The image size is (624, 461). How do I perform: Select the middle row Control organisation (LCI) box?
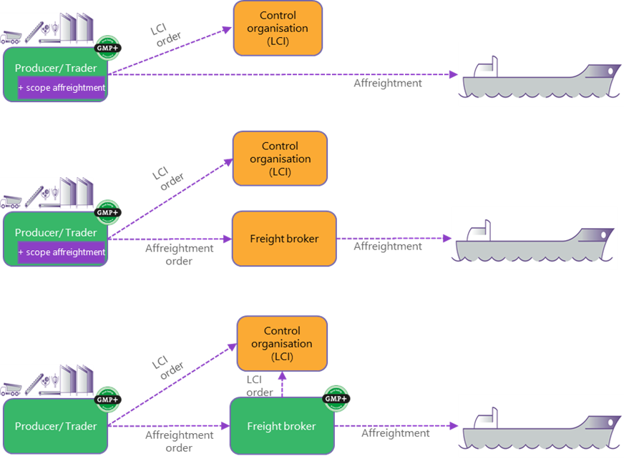pyautogui.click(x=279, y=159)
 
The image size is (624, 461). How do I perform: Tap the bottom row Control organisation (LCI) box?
pyautogui.click(x=282, y=344)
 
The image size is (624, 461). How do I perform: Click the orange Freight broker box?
pyautogui.click(x=284, y=239)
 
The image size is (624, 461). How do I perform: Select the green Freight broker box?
pyautogui.click(x=281, y=427)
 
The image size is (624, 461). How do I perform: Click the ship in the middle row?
pyautogui.click(x=533, y=239)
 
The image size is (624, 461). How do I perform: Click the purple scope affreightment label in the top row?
pyautogui.click(x=62, y=88)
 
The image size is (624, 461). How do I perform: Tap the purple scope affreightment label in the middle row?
pyautogui.click(x=62, y=252)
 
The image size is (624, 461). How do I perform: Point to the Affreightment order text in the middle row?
pyautogui.click(x=179, y=254)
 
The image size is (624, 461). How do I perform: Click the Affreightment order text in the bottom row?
pyautogui.click(x=179, y=441)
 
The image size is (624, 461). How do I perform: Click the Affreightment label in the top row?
pyautogui.click(x=387, y=83)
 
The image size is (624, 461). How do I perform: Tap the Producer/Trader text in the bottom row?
pyautogui.click(x=56, y=427)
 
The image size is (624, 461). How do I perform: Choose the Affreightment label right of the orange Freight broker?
pyautogui.click(x=387, y=247)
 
